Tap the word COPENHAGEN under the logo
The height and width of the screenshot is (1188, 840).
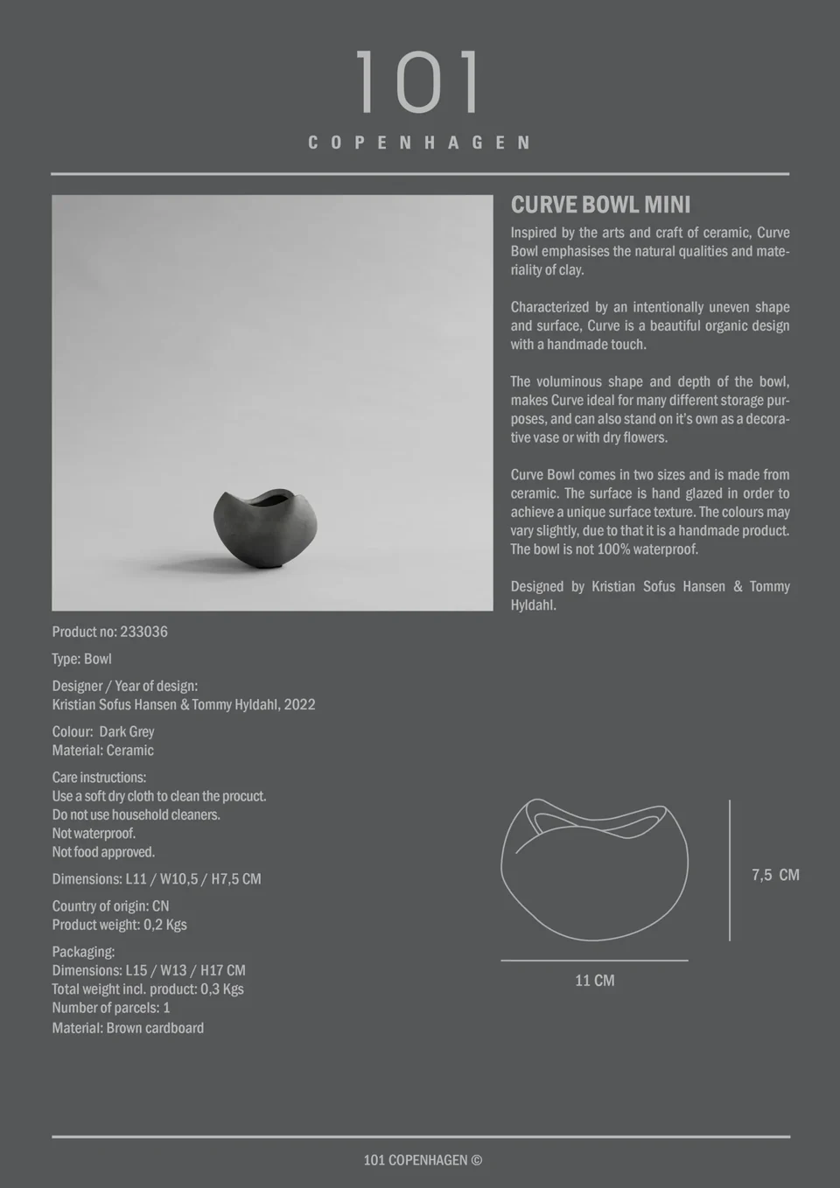tap(419, 143)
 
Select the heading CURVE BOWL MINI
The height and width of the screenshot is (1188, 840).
tap(600, 205)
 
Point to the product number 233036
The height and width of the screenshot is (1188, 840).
tap(143, 632)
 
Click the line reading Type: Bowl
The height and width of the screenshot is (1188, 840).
tap(81, 659)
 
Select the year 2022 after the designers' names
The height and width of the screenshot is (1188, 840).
tap(299, 704)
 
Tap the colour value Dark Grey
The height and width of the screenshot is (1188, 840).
tap(127, 731)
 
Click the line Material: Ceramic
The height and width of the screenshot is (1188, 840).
tap(102, 751)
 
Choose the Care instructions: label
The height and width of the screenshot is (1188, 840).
tap(99, 778)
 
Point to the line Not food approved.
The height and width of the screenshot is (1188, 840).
tap(103, 852)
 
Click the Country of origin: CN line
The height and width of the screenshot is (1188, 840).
tap(110, 906)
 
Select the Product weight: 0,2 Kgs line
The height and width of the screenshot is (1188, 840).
tap(119, 925)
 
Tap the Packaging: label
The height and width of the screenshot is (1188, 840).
tap(83, 952)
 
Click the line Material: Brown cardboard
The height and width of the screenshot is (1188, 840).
tap(128, 1028)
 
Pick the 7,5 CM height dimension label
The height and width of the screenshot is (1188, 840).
tap(775, 875)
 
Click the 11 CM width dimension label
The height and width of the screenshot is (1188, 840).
tap(594, 981)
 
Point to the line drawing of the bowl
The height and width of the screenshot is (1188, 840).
tap(594, 870)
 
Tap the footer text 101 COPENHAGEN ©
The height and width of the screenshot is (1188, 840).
tap(423, 1160)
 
